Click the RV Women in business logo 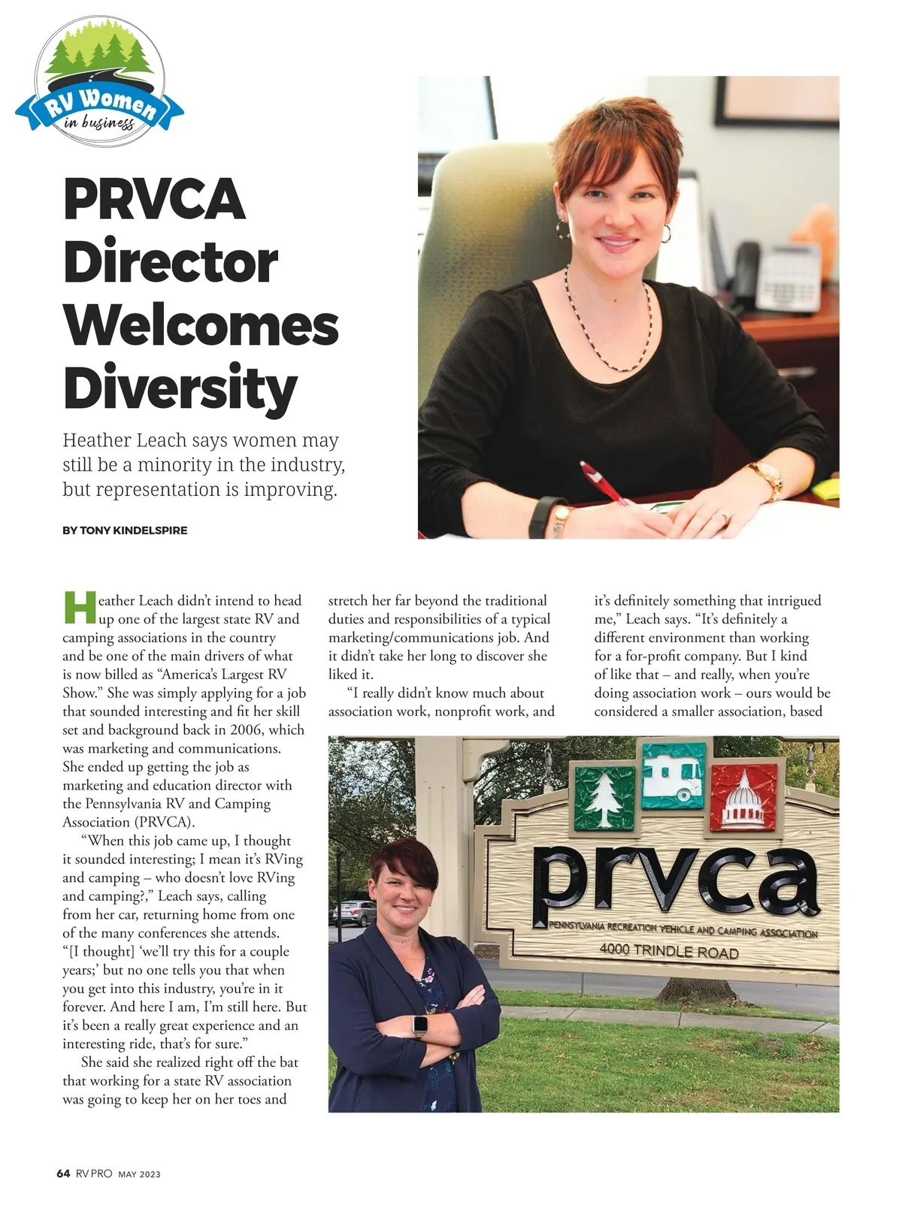click(x=99, y=83)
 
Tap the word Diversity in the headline click(x=180, y=388)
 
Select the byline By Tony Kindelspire click(x=125, y=530)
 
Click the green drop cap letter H click(x=80, y=609)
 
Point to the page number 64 click(x=63, y=1173)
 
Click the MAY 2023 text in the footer click(x=139, y=1174)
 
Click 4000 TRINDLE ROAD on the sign click(x=669, y=951)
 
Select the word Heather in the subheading click(x=98, y=440)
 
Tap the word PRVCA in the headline click(x=155, y=199)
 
